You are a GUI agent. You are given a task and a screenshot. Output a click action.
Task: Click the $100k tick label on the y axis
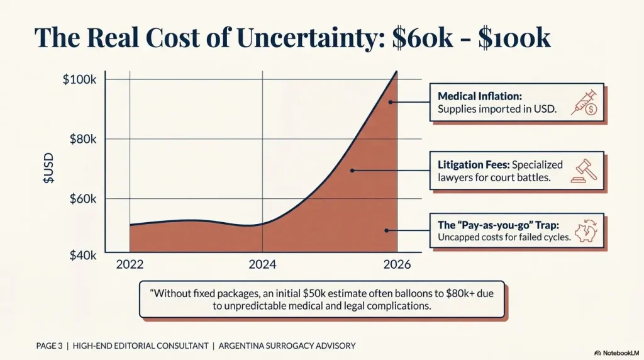pyautogui.click(x=79, y=80)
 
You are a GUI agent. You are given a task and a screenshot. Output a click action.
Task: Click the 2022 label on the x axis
pyautogui.click(x=130, y=264)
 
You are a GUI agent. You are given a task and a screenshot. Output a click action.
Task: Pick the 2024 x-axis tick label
pyautogui.click(x=262, y=264)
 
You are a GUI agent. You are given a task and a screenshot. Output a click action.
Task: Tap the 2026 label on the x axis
pyautogui.click(x=397, y=264)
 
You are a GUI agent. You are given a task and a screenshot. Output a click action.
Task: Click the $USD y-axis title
pyautogui.click(x=48, y=168)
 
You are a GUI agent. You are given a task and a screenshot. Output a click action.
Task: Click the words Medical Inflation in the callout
pyautogui.click(x=480, y=96)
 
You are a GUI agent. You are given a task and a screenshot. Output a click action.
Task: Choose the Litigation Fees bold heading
pyautogui.click(x=473, y=164)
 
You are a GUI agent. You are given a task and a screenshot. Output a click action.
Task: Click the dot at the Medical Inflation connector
pyautogui.click(x=391, y=101)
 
